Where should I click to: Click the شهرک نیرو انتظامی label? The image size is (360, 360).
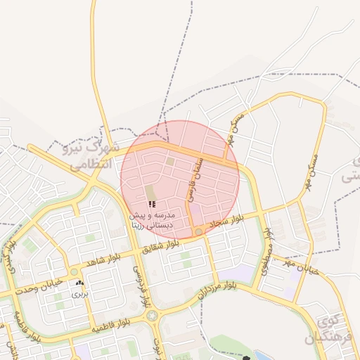coord(91,156)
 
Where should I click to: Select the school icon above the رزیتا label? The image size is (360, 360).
coord(153,204)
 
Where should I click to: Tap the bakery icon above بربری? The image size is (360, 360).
coord(79,283)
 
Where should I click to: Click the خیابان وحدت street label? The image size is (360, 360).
coord(41,284)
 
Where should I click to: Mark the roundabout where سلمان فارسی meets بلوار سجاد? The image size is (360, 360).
coord(199,231)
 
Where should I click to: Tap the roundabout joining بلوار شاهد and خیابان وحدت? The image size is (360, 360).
coord(74,272)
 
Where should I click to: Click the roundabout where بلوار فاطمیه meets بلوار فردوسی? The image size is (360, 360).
coord(153,316)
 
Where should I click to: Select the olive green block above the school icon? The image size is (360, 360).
coord(150,191)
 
